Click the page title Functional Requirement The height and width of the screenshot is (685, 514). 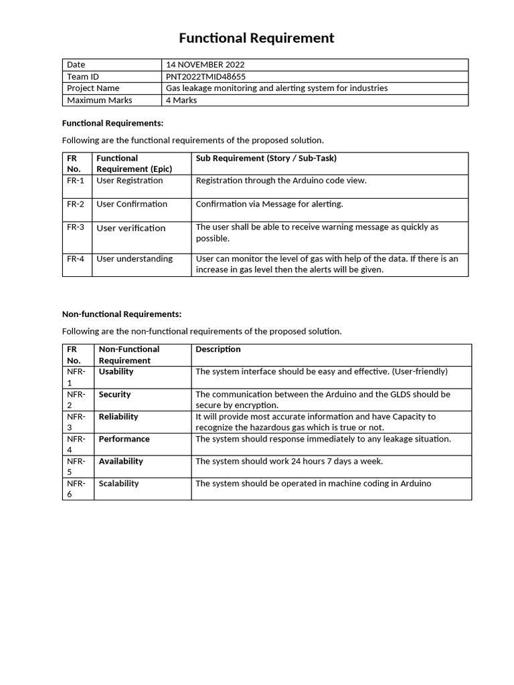point(256,38)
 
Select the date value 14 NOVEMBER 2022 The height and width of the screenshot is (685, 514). point(205,65)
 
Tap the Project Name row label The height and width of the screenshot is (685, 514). point(93,88)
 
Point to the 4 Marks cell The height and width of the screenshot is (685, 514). point(181,100)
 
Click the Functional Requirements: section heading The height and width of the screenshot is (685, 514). point(112,123)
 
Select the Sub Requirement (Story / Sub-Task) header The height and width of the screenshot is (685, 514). point(266,159)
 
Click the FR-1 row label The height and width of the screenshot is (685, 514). point(76,181)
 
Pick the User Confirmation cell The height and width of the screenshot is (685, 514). point(132,204)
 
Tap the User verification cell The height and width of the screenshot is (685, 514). point(131,228)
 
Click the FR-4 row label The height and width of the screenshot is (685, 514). point(76,259)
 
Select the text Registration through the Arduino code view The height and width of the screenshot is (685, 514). point(281,181)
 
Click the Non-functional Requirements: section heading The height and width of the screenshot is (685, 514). point(122,314)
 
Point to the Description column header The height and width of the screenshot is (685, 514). point(218,349)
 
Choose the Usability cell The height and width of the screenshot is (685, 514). point(116,371)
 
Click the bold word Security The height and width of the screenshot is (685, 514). point(115,395)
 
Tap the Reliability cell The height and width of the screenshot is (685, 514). point(118,417)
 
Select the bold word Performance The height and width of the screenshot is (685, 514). point(124,439)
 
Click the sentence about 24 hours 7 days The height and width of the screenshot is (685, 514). point(289,462)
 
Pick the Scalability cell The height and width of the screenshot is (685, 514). point(119,484)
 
